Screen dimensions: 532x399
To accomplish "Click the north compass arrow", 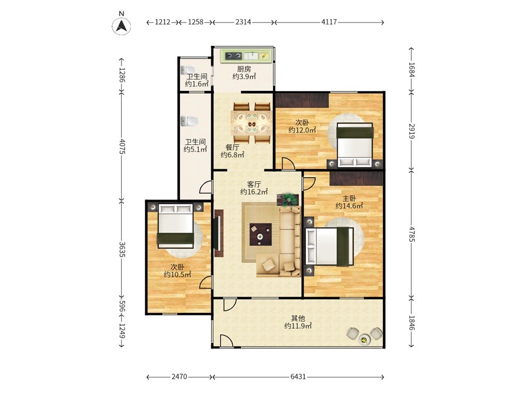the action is (121, 26).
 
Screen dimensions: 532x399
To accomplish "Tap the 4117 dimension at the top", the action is (329, 22).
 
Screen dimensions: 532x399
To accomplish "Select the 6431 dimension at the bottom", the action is (298, 377).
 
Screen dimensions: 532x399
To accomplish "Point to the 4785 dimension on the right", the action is (412, 234).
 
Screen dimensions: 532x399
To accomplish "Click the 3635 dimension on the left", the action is (122, 249).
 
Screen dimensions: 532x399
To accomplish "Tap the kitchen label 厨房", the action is (244, 69).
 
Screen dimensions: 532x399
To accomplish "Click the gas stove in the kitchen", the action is (234, 56).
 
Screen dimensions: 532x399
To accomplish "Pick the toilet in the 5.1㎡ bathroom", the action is (189, 121).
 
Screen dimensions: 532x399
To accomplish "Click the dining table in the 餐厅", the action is (252, 122).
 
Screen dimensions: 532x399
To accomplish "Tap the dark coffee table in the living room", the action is (261, 234).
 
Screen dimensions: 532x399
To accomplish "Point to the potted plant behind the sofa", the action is (289, 199).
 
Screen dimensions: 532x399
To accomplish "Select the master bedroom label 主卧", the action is (349, 198).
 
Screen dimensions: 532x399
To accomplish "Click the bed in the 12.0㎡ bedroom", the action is (355, 145).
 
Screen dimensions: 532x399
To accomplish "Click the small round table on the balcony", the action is (364, 339).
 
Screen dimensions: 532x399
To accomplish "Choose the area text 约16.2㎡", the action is (254, 192).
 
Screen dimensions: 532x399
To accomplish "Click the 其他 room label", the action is (298, 318).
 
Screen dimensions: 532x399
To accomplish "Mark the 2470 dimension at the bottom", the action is (179, 377).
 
